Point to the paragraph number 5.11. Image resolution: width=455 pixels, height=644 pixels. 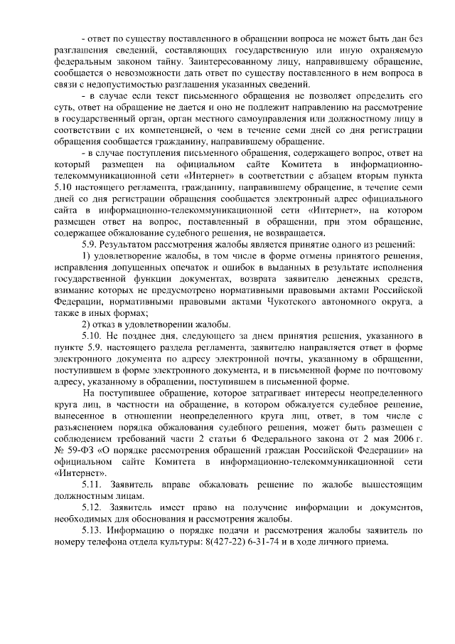(x=92, y=483)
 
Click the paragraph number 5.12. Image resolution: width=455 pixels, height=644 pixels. (x=92, y=506)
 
